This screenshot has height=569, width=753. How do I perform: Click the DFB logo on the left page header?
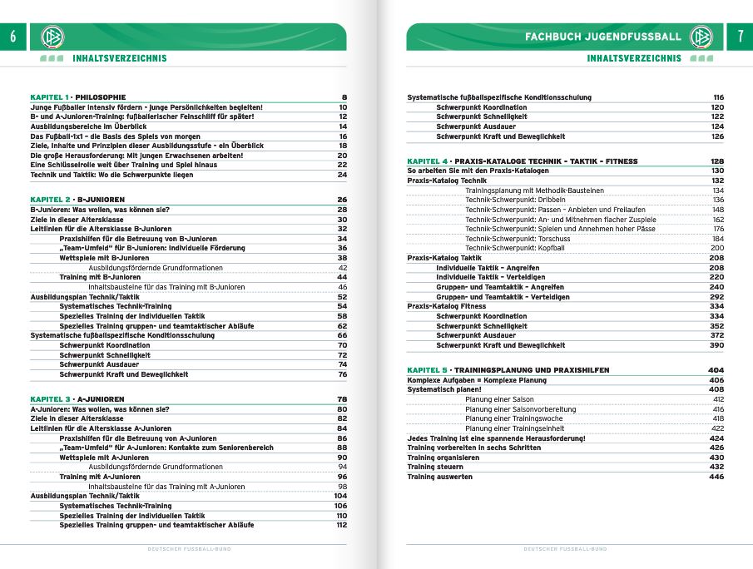pos(52,37)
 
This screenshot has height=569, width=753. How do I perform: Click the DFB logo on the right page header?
pos(701,37)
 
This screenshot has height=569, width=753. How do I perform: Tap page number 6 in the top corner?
pos(12,37)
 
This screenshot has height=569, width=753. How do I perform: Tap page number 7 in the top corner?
pos(740,37)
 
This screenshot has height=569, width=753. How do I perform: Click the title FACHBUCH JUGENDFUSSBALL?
pos(602,37)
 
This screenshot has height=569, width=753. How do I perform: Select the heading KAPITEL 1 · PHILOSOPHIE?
pos(78,97)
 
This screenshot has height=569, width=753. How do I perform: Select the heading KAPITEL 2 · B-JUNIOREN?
pos(77,200)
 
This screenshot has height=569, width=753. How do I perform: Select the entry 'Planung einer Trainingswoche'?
pos(513,418)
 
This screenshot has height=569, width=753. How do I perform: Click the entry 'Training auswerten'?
pos(439,477)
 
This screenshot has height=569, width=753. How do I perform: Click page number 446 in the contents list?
pos(716,477)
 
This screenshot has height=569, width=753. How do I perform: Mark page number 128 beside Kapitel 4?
pos(716,161)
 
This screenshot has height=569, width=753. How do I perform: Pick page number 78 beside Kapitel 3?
pos(341,398)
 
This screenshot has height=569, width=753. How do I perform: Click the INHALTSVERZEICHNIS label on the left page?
pos(119,58)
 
